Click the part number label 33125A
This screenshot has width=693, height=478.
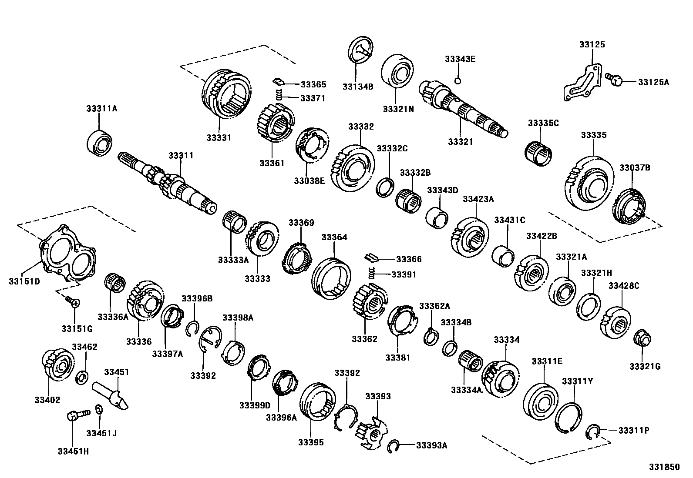653,81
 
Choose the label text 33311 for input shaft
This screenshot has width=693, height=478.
181,155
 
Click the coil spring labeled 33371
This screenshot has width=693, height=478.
280,94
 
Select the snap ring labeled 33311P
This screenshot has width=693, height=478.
592,432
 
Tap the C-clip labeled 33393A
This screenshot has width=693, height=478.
394,446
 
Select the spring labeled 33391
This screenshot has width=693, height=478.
372,274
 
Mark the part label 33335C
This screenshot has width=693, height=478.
543,123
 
